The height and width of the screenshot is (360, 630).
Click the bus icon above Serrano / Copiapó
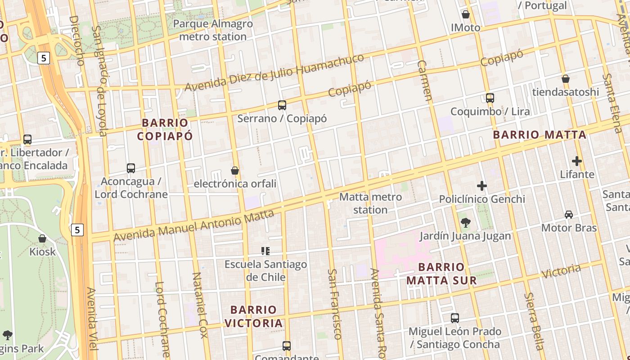282,105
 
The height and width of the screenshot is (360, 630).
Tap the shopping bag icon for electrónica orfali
235,171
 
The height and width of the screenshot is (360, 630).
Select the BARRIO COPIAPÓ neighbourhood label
165,129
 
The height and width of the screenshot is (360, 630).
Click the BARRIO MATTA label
540,135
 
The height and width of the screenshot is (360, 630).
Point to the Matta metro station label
370,203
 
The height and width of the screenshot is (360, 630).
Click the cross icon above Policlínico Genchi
482,185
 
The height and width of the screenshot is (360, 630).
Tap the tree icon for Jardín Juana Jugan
466,222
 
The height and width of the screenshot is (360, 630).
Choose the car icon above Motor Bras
569,215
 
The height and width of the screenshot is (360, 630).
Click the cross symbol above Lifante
577,161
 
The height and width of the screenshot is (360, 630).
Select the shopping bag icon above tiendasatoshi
566,79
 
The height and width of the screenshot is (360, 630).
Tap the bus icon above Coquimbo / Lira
490,98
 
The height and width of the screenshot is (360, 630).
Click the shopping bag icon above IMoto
466,14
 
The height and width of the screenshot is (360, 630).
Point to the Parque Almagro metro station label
213,30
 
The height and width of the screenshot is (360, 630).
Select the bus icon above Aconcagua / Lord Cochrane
131,168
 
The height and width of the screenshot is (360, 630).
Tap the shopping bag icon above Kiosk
42,238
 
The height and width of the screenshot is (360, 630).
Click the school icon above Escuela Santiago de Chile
265,251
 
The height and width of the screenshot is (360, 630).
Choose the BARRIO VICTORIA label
253,316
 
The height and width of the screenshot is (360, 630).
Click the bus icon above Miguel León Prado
455,318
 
